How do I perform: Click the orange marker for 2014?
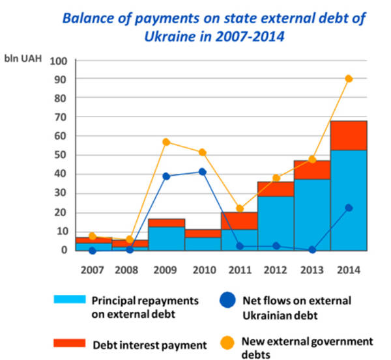349,79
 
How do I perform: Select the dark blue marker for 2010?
203,172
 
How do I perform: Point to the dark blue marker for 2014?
349,208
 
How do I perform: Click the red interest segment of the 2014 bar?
349,135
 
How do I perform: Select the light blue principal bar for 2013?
312,214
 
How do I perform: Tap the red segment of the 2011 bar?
239,221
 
